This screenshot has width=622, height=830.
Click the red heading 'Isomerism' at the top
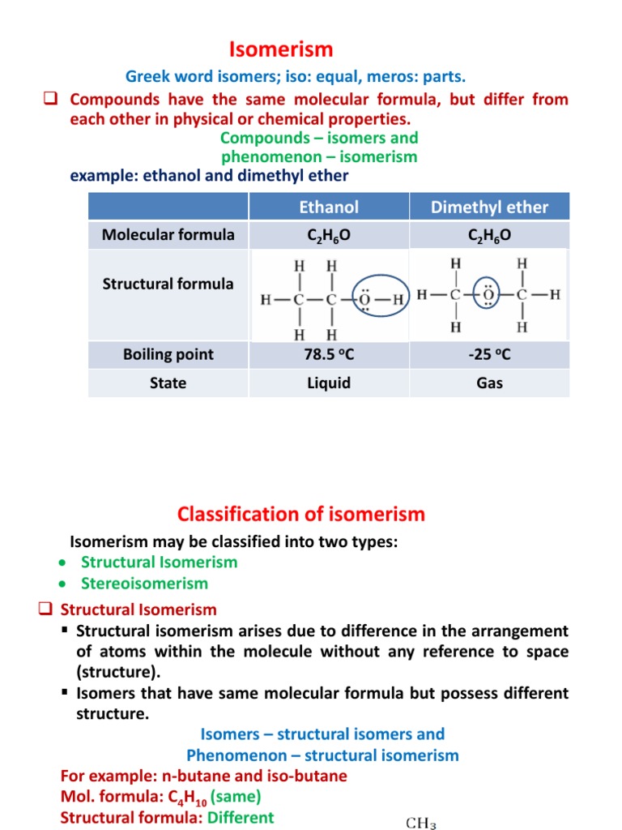pyautogui.click(x=281, y=49)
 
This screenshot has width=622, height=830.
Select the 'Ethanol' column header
pyautogui.click(x=328, y=207)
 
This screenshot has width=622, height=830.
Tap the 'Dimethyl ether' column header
pyautogui.click(x=489, y=207)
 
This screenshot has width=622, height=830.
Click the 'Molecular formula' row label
pyautogui.click(x=168, y=235)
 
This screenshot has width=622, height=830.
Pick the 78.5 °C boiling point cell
pyautogui.click(x=328, y=354)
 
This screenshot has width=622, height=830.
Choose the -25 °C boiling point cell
pyautogui.click(x=489, y=354)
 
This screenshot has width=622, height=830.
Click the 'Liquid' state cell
pyautogui.click(x=328, y=383)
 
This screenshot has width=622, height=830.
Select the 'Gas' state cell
pyautogui.click(x=489, y=383)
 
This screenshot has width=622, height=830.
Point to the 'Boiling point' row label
pyautogui.click(x=168, y=354)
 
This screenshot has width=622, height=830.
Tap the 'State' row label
pyautogui.click(x=168, y=383)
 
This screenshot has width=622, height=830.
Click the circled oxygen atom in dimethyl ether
pyautogui.click(x=488, y=295)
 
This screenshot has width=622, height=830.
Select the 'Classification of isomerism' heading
pyautogui.click(x=300, y=514)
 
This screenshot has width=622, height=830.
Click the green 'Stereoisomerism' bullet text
pyautogui.click(x=144, y=583)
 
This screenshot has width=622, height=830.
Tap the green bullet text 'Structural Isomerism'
pyautogui.click(x=159, y=562)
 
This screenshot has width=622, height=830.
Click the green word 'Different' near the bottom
pyautogui.click(x=241, y=817)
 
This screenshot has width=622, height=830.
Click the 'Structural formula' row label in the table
pyautogui.click(x=168, y=284)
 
